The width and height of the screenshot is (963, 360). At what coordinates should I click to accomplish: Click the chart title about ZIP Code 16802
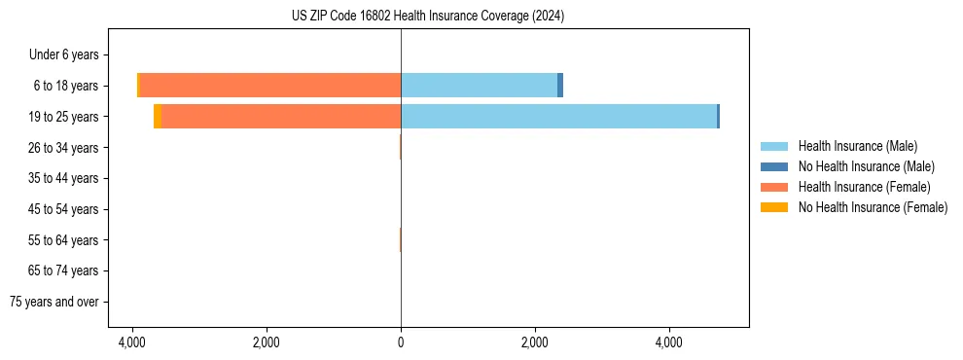pos(427,17)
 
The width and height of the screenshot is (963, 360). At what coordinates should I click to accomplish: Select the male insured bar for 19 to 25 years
pos(558,117)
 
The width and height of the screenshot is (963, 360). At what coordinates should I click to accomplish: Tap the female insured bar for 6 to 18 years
pos(269,86)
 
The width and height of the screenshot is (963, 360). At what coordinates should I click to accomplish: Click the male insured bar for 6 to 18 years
pos(479,86)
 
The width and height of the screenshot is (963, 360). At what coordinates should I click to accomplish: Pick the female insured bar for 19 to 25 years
pos(281,117)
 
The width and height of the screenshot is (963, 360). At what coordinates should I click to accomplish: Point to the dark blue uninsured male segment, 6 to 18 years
pos(560,86)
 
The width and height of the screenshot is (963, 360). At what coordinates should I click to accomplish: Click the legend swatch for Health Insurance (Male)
pos(773,146)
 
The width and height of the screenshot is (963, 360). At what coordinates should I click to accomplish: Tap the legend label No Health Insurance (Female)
pos(873,207)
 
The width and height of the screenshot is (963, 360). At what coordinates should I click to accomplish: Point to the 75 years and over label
pos(54,302)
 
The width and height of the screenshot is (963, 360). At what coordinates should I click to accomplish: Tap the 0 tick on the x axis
pos(401,342)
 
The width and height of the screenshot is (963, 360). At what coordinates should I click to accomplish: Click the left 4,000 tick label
pos(132,342)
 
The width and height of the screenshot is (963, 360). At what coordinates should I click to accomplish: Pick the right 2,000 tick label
pos(534,342)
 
